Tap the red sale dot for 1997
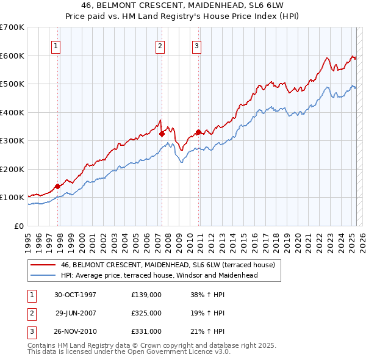tap(58, 186)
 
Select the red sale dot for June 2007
tap(162, 134)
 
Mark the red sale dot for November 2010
tap(199, 132)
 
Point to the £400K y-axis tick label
tap(12, 112)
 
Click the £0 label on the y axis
tap(18, 226)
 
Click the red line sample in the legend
tap(43, 265)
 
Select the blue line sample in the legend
tap(43, 275)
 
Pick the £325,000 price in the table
tap(146, 313)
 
